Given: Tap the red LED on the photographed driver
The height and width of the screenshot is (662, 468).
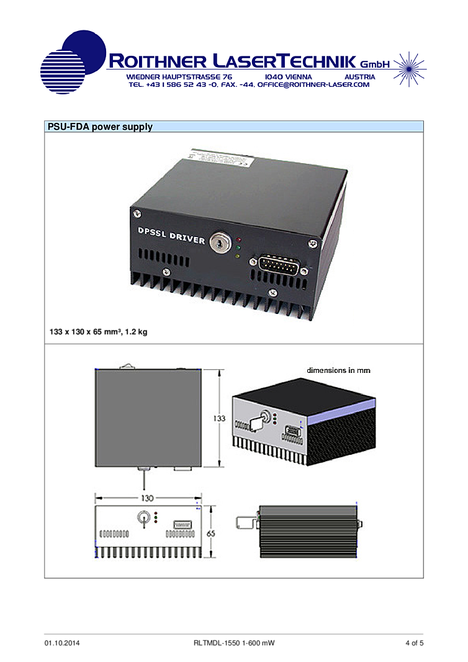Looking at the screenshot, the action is (x=238, y=240).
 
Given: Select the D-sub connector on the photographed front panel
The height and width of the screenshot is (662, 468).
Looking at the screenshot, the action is (x=277, y=265).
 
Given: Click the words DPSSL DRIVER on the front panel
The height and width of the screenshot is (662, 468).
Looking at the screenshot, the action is (x=171, y=235).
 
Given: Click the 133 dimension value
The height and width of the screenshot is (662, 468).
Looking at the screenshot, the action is (x=219, y=418).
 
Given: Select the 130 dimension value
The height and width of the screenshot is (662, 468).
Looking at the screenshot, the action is (x=147, y=498).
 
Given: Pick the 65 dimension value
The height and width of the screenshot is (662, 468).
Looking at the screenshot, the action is (x=211, y=533).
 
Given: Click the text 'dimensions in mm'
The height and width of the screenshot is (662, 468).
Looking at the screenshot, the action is (x=338, y=370).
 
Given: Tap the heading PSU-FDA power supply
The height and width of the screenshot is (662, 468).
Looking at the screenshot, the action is (x=100, y=127).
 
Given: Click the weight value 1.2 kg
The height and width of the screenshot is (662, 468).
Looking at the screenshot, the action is (x=136, y=332).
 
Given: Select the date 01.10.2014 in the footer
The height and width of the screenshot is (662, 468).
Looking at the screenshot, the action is (x=62, y=643).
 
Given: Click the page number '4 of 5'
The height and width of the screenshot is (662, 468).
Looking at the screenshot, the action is (x=415, y=643).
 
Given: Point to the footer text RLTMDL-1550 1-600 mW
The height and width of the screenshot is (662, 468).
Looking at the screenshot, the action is (x=234, y=643).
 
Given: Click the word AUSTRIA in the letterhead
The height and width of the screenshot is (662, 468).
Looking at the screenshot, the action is (x=360, y=77).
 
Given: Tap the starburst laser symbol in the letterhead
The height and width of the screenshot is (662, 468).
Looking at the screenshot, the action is (x=408, y=69).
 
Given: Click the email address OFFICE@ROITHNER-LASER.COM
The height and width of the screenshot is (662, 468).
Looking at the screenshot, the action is (x=313, y=84).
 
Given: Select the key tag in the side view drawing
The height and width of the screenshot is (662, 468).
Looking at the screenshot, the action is (x=245, y=522).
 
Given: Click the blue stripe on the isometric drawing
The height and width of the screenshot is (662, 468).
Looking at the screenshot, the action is (x=341, y=411).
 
